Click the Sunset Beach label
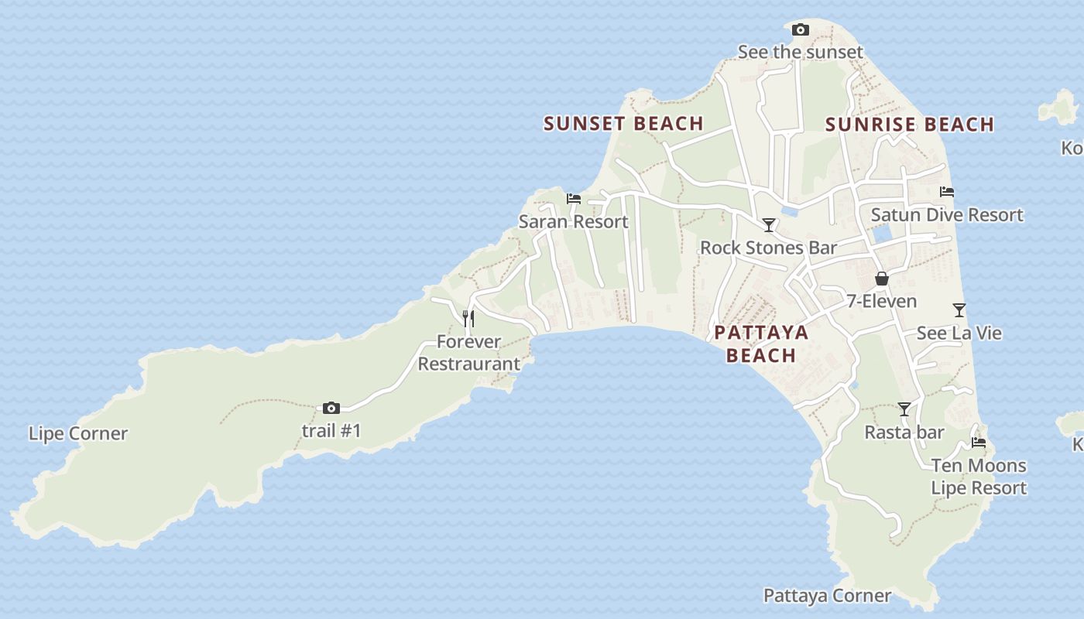pos(623,123)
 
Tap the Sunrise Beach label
pos(910,125)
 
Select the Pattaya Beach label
pos(761,344)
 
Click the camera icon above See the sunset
pos(801,30)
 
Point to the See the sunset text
pos(800,53)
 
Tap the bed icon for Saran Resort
pos(574,199)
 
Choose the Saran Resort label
pos(573,222)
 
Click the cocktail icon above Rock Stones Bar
pos(769,225)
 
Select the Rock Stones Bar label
pos(768,248)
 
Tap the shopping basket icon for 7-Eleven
pos(881,279)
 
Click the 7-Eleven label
pos(881,301)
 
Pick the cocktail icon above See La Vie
pos(959,310)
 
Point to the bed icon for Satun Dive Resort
pos(947,192)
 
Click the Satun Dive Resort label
pos(947,215)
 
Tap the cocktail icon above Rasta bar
pos(904,409)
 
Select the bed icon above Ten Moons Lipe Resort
pos(979,443)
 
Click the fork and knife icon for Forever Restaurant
pos(468,318)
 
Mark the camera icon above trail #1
pos(331,408)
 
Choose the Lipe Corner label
pos(78,433)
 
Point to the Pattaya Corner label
pos(827,596)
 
